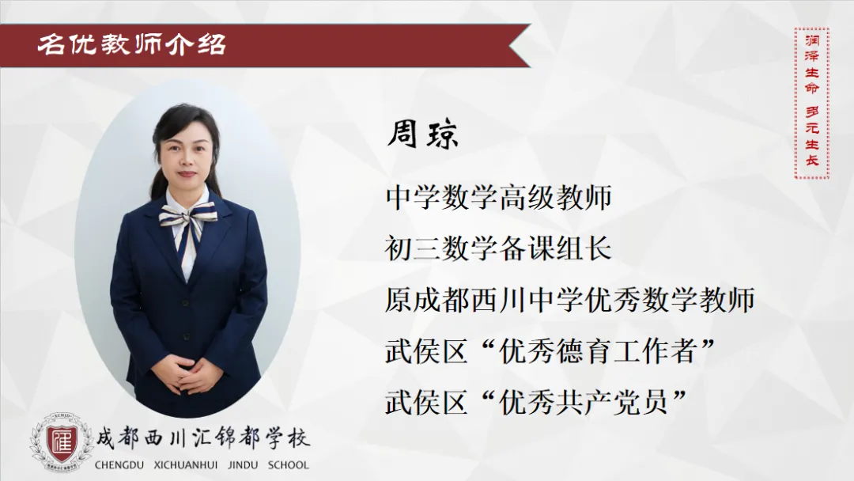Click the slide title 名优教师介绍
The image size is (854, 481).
(131, 44)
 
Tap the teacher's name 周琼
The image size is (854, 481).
(422, 134)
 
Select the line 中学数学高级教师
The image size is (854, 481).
(498, 197)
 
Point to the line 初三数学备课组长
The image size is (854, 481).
(498, 248)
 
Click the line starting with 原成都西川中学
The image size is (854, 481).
(569, 300)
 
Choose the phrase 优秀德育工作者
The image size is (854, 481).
(598, 350)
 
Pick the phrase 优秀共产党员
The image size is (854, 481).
(584, 402)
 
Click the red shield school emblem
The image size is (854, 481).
(60, 441)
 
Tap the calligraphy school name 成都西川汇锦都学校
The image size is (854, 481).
(202, 438)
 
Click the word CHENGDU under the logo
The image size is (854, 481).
(119, 465)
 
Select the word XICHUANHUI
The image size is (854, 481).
(186, 465)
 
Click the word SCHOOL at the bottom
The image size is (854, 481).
(288, 465)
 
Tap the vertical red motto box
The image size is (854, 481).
(811, 102)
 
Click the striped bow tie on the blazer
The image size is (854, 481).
(187, 217)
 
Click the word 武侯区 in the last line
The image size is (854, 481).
(426, 402)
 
